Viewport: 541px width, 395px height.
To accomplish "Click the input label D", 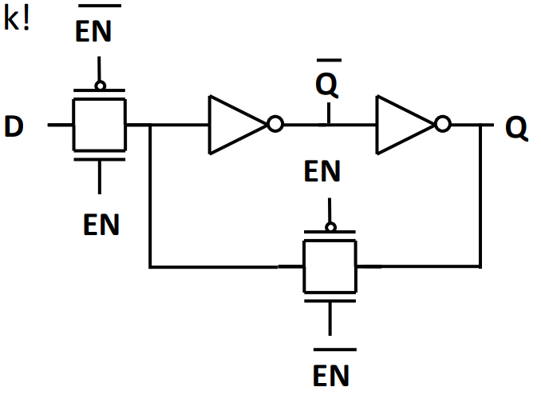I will (14, 126).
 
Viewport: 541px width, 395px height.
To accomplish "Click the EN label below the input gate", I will (101, 225).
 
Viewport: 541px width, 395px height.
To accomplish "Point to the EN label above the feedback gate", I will (323, 171).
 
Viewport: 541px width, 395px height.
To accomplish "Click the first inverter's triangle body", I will (231, 125).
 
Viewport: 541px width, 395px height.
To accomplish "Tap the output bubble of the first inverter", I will (275, 125).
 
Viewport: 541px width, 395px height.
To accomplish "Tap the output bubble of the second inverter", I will (443, 125).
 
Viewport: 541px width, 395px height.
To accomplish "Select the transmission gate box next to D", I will (100, 125).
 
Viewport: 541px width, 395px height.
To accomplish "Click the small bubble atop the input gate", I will (100, 85).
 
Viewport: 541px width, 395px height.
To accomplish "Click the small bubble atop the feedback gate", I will (330, 226).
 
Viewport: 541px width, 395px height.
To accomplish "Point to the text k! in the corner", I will (16, 20).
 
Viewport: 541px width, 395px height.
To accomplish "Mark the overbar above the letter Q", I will (328, 60).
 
